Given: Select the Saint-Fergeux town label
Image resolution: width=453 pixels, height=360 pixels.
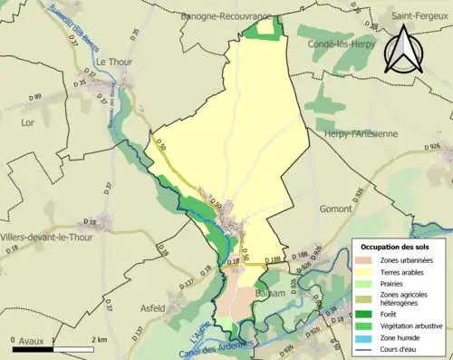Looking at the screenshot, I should click(420, 15).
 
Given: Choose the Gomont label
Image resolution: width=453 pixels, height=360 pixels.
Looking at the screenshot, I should click(335, 209).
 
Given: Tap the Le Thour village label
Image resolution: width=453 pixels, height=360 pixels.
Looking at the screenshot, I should click(114, 61).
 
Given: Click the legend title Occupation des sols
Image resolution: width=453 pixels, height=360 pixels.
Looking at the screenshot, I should click(395, 247).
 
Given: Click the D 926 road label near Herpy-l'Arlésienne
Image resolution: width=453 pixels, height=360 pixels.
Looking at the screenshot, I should click(433, 146).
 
